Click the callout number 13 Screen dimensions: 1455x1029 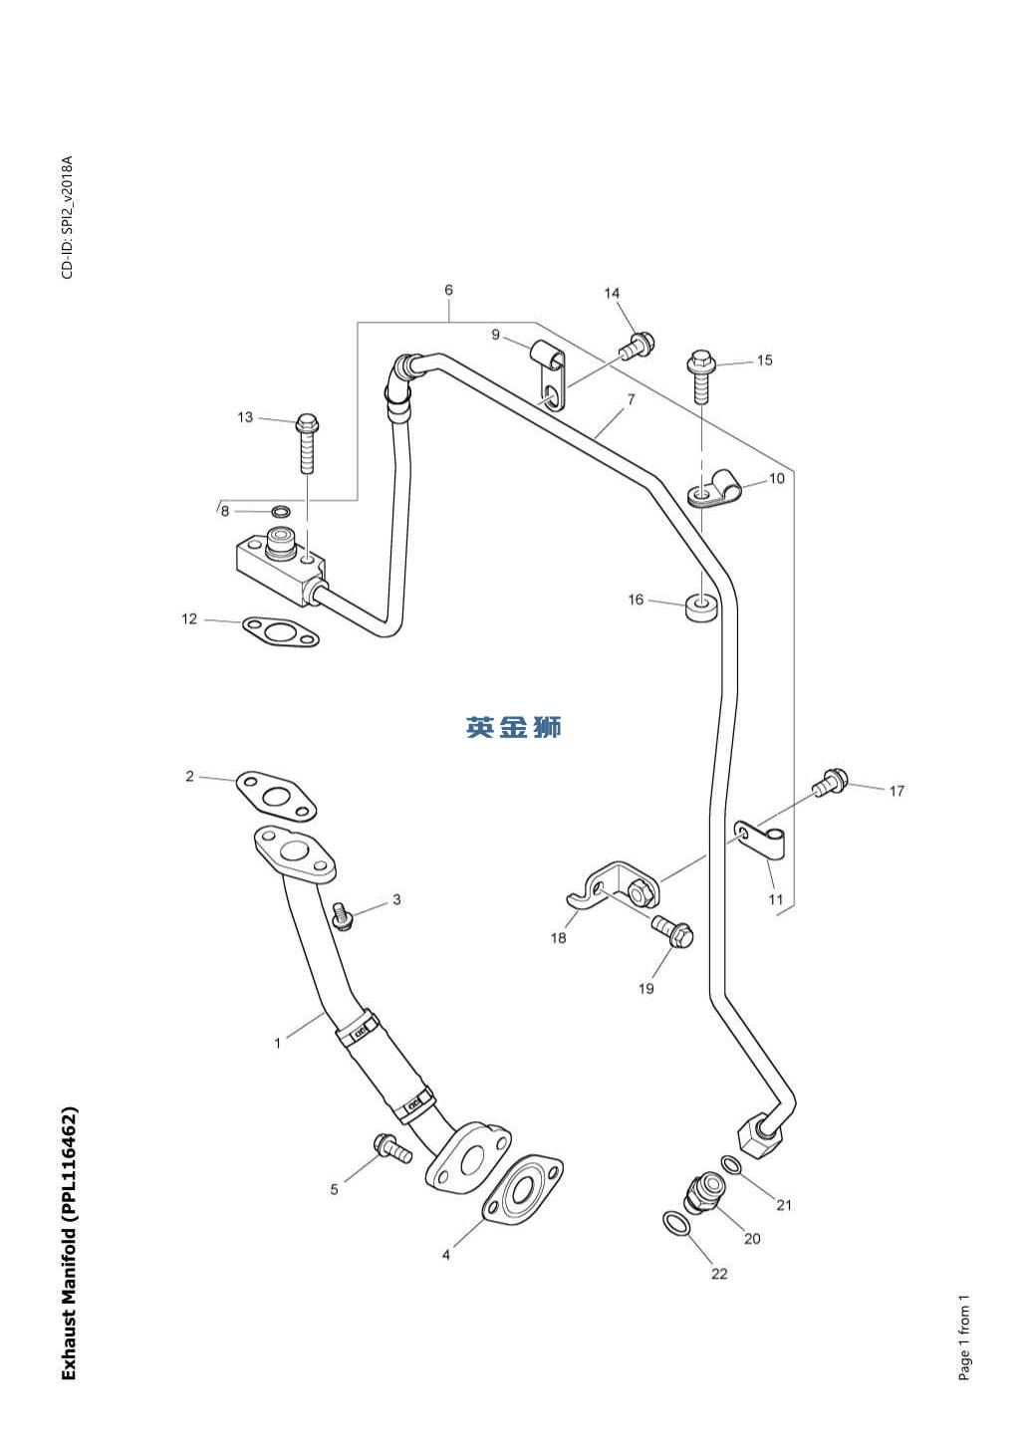(x=245, y=417)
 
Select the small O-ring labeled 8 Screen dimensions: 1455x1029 (x=282, y=512)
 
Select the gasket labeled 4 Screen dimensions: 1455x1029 (x=523, y=1189)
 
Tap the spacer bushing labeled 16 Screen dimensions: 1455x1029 (x=702, y=606)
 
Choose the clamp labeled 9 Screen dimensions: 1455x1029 (x=551, y=373)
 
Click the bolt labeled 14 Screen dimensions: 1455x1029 (x=636, y=346)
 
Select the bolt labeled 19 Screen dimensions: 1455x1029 (x=673, y=932)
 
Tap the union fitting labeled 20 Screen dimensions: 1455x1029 (x=702, y=1189)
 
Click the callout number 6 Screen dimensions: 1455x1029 (x=448, y=290)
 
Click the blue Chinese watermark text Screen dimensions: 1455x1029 (x=514, y=728)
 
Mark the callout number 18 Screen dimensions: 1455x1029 (x=559, y=937)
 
